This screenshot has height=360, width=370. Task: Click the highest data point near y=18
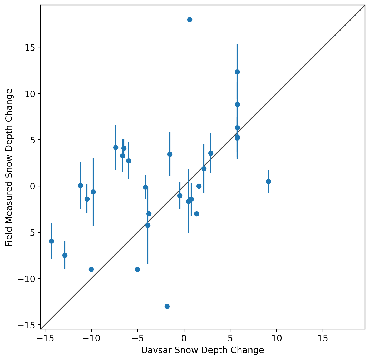tap(190, 19)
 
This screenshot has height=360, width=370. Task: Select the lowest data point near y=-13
tap(167, 306)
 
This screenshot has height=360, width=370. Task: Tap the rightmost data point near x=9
tap(268, 181)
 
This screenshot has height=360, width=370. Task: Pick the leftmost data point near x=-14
tap(51, 241)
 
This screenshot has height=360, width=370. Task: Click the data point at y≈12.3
tap(237, 72)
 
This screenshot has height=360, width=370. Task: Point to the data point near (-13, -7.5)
tap(65, 255)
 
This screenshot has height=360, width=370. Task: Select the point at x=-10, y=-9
tap(91, 269)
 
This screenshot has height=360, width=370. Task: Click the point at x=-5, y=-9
tap(137, 269)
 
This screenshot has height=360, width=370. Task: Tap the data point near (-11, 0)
tap(80, 186)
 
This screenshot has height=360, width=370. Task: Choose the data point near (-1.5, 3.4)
tap(170, 154)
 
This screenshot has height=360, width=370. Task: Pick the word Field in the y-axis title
tap(9, 238)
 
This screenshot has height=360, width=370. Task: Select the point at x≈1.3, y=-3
tap(196, 214)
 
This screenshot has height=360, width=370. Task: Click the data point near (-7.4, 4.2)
tap(116, 147)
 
